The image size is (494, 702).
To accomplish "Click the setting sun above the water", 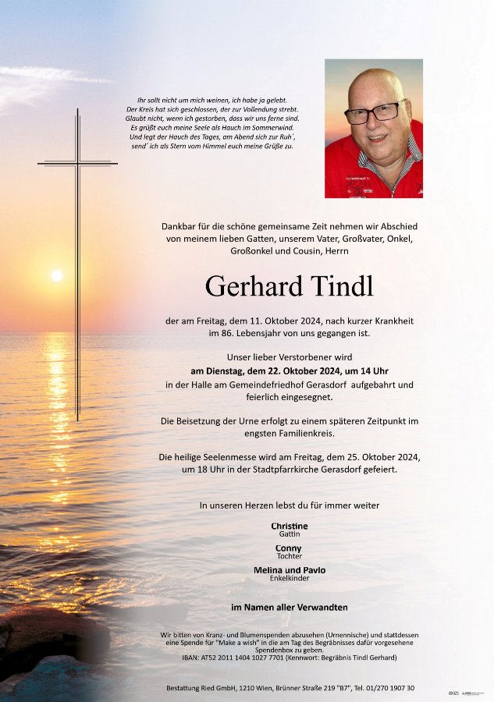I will pyautogui.click(x=56, y=275).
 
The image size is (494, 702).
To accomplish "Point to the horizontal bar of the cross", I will pyautogui.click(x=77, y=164).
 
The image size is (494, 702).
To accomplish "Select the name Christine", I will pyautogui.click(x=290, y=526).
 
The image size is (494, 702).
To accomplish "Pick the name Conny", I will pyautogui.click(x=289, y=548).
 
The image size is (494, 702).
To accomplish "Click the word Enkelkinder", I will pyautogui.click(x=290, y=579).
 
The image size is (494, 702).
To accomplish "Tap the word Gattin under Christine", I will pyautogui.click(x=290, y=534).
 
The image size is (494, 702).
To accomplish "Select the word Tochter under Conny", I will pyautogui.click(x=289, y=556).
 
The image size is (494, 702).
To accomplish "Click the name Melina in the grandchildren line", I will pyautogui.click(x=268, y=570).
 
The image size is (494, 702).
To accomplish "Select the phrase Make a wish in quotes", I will pyautogui.click(x=266, y=642).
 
